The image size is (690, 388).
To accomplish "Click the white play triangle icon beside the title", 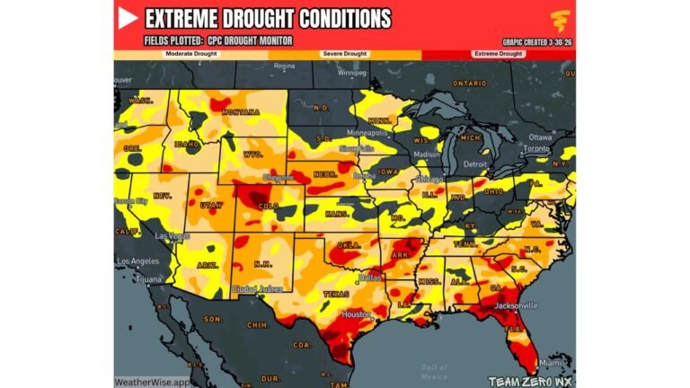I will pyautogui.click(x=128, y=18).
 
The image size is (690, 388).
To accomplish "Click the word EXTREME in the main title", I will pyautogui.click(x=183, y=19).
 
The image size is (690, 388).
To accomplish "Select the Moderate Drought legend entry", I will pyautogui.click(x=190, y=54).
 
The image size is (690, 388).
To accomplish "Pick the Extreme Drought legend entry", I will pyautogui.click(x=498, y=54).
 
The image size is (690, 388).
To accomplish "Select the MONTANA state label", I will pyautogui.click(x=242, y=112).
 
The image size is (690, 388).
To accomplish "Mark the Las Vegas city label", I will pyautogui.click(x=172, y=236).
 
